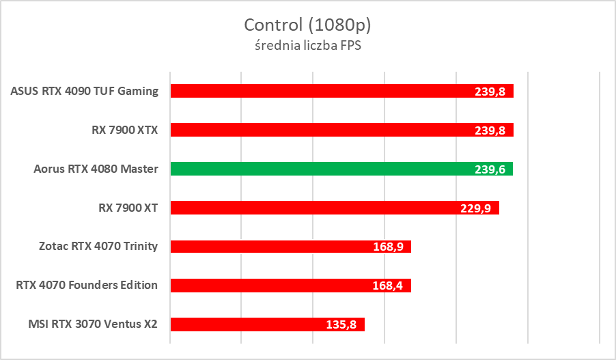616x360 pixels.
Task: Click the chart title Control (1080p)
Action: (307, 25)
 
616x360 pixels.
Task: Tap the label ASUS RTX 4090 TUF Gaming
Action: (85, 91)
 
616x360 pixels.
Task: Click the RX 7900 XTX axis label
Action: (125, 130)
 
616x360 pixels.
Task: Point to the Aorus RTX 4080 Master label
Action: (96, 169)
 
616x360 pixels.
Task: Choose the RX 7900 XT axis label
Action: (128, 208)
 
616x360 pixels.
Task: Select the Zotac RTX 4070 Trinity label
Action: (98, 246)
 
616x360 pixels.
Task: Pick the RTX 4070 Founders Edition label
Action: (87, 285)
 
